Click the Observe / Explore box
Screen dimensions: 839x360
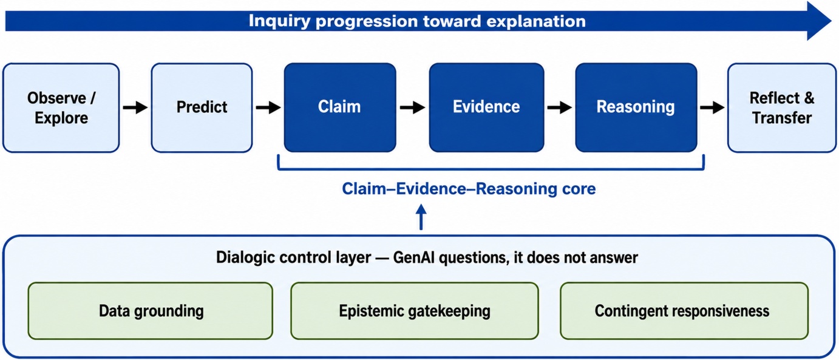(61, 108)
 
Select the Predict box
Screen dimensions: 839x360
(202, 108)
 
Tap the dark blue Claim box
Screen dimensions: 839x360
(340, 107)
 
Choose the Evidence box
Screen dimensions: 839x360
(486, 107)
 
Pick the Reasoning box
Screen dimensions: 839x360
(636, 107)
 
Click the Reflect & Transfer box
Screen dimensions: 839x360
(782, 108)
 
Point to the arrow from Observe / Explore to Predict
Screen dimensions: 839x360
(135, 107)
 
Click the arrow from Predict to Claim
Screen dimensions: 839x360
(268, 107)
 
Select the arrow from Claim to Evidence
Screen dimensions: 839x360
(412, 107)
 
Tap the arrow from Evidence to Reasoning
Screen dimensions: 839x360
(560, 107)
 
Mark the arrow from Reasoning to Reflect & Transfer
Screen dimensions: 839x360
(712, 107)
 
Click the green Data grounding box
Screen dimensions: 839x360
(150, 311)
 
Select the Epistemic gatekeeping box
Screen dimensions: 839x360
(415, 311)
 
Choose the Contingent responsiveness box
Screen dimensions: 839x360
(684, 311)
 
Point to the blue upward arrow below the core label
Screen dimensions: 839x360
(421, 217)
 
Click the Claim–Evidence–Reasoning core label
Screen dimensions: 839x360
(469, 188)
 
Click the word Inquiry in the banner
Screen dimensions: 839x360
(279, 21)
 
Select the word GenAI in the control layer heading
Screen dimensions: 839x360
(414, 258)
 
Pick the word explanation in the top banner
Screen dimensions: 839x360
(536, 21)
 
